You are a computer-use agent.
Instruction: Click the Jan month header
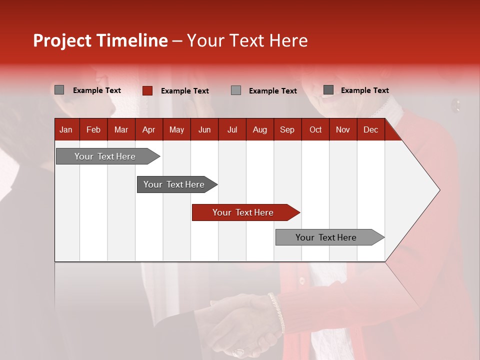(x=66, y=130)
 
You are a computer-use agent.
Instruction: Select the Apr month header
(x=148, y=130)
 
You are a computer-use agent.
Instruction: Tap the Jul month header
(x=232, y=130)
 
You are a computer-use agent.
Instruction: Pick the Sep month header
(x=287, y=130)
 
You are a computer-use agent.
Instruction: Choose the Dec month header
(x=370, y=130)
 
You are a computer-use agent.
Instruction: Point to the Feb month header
(x=93, y=130)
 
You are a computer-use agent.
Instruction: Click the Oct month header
(x=315, y=130)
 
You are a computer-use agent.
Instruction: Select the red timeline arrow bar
(x=245, y=212)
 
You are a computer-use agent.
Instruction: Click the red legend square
(x=147, y=90)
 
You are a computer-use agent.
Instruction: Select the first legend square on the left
(x=59, y=90)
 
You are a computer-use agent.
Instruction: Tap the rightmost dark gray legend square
(x=328, y=90)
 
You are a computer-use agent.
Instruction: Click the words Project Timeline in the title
(x=100, y=40)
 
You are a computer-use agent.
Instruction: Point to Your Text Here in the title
(x=247, y=40)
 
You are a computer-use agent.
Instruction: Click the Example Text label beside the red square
(x=184, y=91)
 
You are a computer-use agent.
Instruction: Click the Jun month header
(x=204, y=130)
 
